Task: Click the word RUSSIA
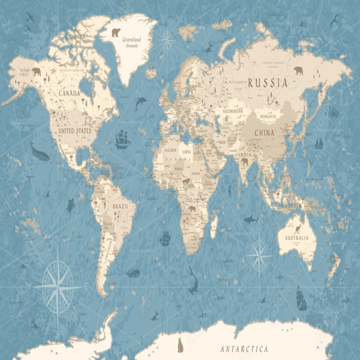tap(268, 83)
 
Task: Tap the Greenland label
tap(132, 40)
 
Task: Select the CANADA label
tap(69, 93)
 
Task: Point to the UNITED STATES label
tap(75, 131)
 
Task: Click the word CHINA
tap(264, 133)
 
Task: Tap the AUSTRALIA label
tap(296, 238)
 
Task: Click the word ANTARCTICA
tap(244, 349)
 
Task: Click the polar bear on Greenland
tap(116, 32)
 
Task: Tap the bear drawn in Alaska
tap(36, 71)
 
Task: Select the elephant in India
tap(245, 162)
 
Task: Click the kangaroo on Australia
tap(298, 230)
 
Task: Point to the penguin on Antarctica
tap(180, 345)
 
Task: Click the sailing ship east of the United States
tap(122, 139)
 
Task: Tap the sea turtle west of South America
tap(70, 205)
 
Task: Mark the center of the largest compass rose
tap(58, 287)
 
